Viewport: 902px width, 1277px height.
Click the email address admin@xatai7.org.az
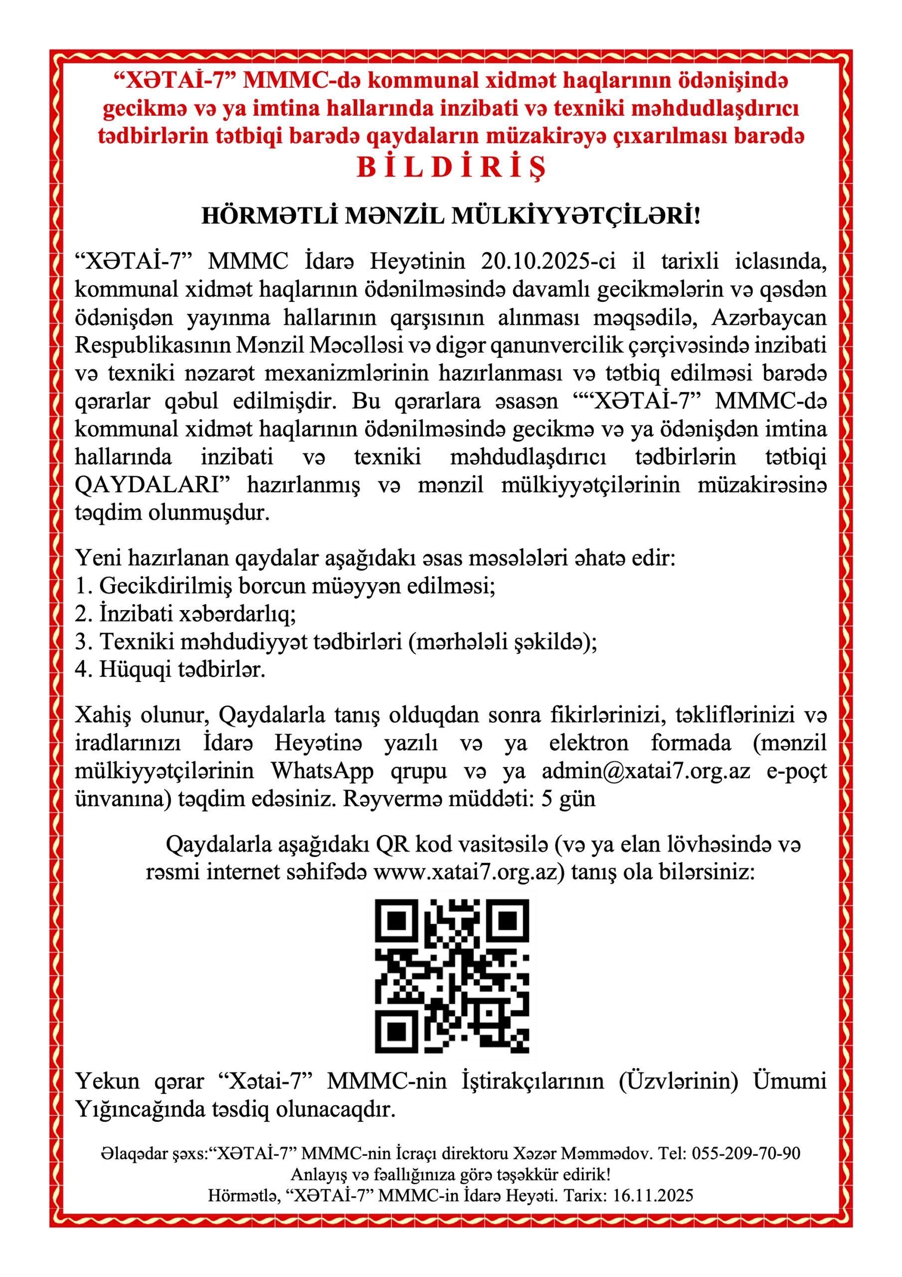[646, 771]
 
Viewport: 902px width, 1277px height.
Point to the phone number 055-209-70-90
[746, 1153]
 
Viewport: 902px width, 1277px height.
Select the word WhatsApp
[322, 771]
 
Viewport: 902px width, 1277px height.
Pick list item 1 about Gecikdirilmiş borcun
[285, 586]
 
